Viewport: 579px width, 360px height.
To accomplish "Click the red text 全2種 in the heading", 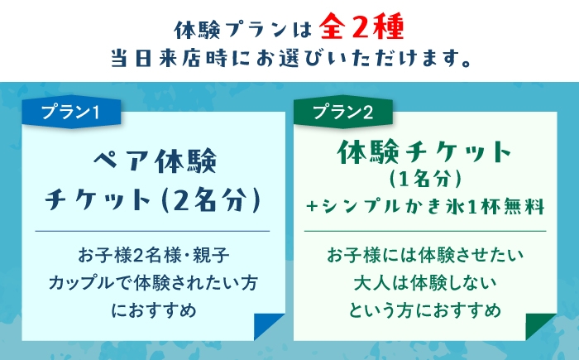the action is (362, 26).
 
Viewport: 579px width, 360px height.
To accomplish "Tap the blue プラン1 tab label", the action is (70, 112).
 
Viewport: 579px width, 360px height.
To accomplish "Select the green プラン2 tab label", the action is (342, 112).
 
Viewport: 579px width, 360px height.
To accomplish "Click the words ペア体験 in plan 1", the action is (155, 161).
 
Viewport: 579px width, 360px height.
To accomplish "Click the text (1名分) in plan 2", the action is (425, 179).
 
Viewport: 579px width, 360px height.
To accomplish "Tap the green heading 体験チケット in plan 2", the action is (424, 152).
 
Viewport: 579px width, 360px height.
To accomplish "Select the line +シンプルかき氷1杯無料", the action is (425, 206).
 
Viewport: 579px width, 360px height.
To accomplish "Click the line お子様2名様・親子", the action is (153, 256).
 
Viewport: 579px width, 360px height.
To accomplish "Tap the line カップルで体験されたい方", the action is (153, 283).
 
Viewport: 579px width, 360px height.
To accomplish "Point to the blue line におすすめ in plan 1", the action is (154, 310).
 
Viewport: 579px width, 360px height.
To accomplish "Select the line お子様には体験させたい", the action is (425, 256).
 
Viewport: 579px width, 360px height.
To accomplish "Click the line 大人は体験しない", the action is (425, 283).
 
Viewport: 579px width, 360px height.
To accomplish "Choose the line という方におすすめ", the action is (425, 310).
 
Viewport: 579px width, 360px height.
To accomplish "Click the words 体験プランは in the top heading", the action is (243, 30).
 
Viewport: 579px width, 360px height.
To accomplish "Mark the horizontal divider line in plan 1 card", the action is (152, 231).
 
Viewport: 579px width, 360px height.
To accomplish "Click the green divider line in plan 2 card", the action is (425, 231).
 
